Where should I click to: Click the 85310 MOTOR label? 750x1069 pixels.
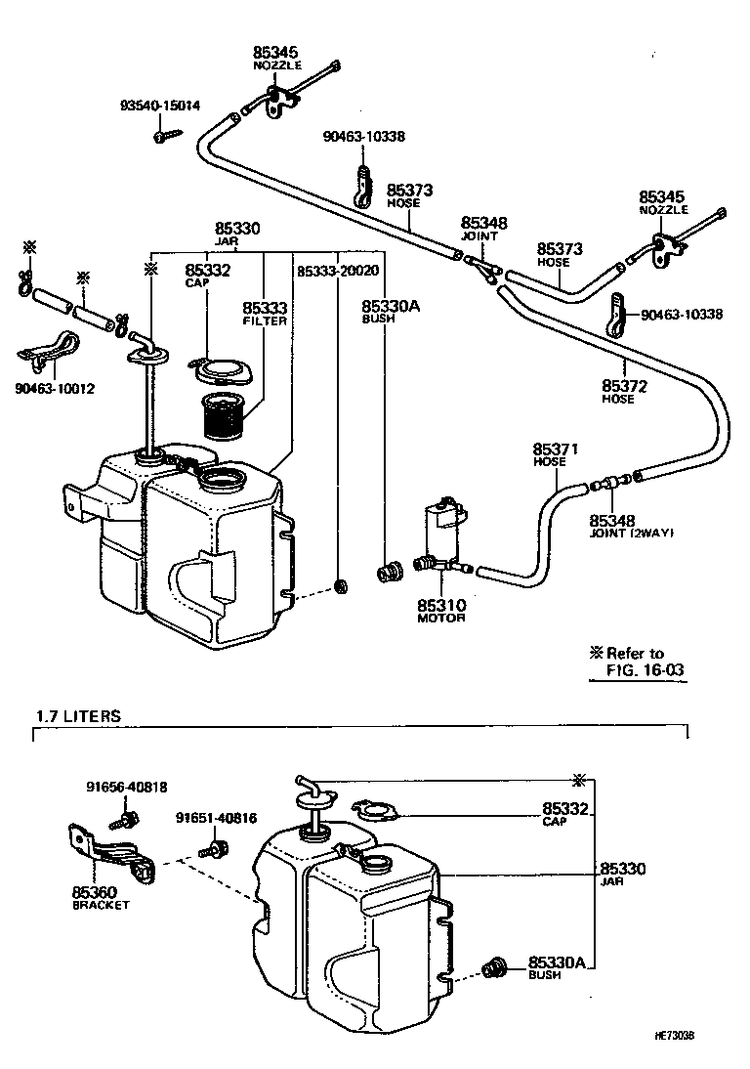click(x=441, y=610)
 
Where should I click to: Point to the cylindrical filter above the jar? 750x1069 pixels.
click(x=227, y=415)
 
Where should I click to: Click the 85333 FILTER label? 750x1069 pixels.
click(x=263, y=312)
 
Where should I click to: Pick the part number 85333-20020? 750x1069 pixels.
click(x=337, y=271)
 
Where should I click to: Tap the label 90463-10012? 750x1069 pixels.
click(x=55, y=389)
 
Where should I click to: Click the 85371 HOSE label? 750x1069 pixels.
click(x=556, y=453)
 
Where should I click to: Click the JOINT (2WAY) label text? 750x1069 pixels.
click(x=632, y=533)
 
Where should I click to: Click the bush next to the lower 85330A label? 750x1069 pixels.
click(x=492, y=969)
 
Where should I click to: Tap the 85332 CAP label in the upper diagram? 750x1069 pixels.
click(x=207, y=275)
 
